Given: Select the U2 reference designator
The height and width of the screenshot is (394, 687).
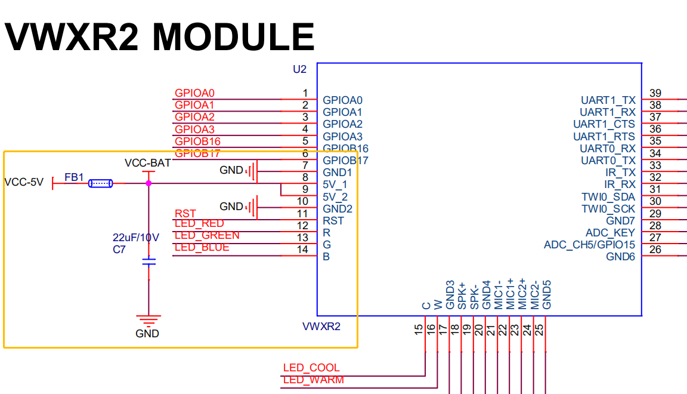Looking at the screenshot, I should point(299,69).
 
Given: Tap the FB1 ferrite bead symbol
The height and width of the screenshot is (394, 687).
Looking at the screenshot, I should point(100,183).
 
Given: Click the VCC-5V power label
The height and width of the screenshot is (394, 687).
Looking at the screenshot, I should point(24,183).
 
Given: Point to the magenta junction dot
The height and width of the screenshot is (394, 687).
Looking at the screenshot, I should point(148,183).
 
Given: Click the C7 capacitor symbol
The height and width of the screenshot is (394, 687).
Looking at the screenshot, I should point(148,261).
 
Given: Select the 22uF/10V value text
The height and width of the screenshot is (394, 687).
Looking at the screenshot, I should point(136,237).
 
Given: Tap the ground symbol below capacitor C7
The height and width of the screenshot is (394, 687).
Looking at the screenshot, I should point(148,319).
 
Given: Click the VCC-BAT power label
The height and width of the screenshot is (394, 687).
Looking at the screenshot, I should point(147,162).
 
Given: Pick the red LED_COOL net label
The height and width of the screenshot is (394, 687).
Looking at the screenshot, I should point(311,368).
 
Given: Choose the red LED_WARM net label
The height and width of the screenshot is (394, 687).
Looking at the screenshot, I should point(313,380).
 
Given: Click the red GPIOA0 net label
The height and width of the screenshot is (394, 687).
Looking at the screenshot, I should point(194,93).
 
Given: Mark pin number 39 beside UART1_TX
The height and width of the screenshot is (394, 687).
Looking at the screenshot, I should point(655,93).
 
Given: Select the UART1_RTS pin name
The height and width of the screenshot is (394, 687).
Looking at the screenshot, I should point(604,136).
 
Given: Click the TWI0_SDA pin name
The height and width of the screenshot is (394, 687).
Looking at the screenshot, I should point(608,197).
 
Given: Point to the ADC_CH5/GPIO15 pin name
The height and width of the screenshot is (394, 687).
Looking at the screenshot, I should point(589,245).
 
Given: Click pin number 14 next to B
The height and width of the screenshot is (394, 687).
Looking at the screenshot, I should point(303,250).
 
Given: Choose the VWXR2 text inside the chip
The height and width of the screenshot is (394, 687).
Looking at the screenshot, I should point(321,327).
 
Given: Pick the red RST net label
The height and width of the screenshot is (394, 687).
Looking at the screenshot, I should point(185,213).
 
